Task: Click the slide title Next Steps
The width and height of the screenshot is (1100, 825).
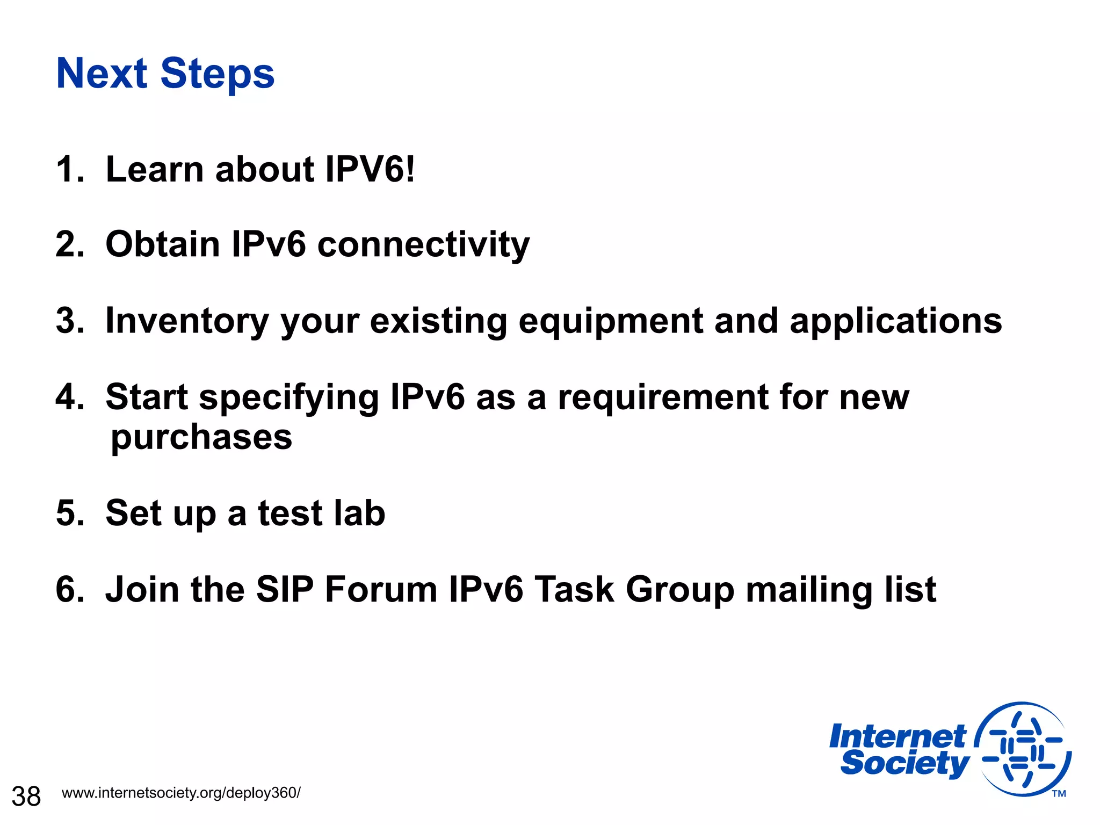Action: [165, 74]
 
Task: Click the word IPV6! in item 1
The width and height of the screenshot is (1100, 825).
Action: [370, 170]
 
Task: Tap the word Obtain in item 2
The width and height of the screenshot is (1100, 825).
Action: [162, 244]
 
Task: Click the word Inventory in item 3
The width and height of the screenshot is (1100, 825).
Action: [186, 321]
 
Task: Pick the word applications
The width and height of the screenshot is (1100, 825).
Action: [895, 321]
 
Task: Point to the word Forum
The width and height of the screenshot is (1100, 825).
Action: [381, 590]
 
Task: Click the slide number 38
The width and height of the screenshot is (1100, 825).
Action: [26, 796]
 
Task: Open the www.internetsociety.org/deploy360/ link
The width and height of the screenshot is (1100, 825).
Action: [181, 793]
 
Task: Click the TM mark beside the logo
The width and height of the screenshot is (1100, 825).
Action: [1059, 794]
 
